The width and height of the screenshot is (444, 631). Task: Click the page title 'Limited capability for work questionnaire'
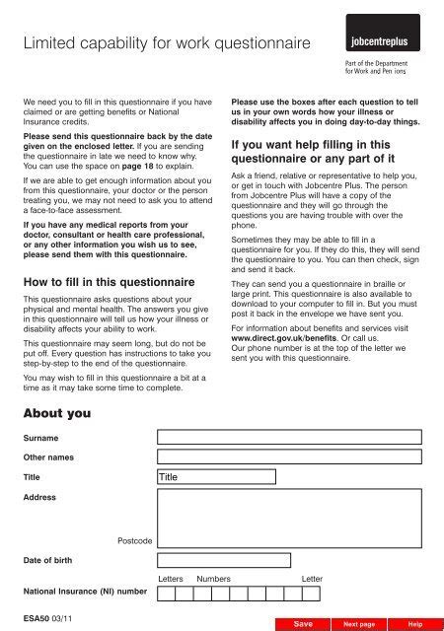click(166, 43)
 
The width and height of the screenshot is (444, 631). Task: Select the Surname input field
click(294, 435)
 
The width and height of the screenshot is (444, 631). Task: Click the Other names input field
click(294, 457)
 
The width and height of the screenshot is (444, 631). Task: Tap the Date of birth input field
click(223, 561)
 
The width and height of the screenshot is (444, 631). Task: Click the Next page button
click(357, 624)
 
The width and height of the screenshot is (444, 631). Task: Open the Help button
click(415, 624)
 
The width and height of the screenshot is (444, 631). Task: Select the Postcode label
click(134, 541)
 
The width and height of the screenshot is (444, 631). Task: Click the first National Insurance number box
click(167, 593)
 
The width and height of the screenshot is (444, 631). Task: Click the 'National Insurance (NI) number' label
click(85, 592)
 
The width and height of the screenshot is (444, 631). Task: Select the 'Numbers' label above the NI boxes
click(213, 579)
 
